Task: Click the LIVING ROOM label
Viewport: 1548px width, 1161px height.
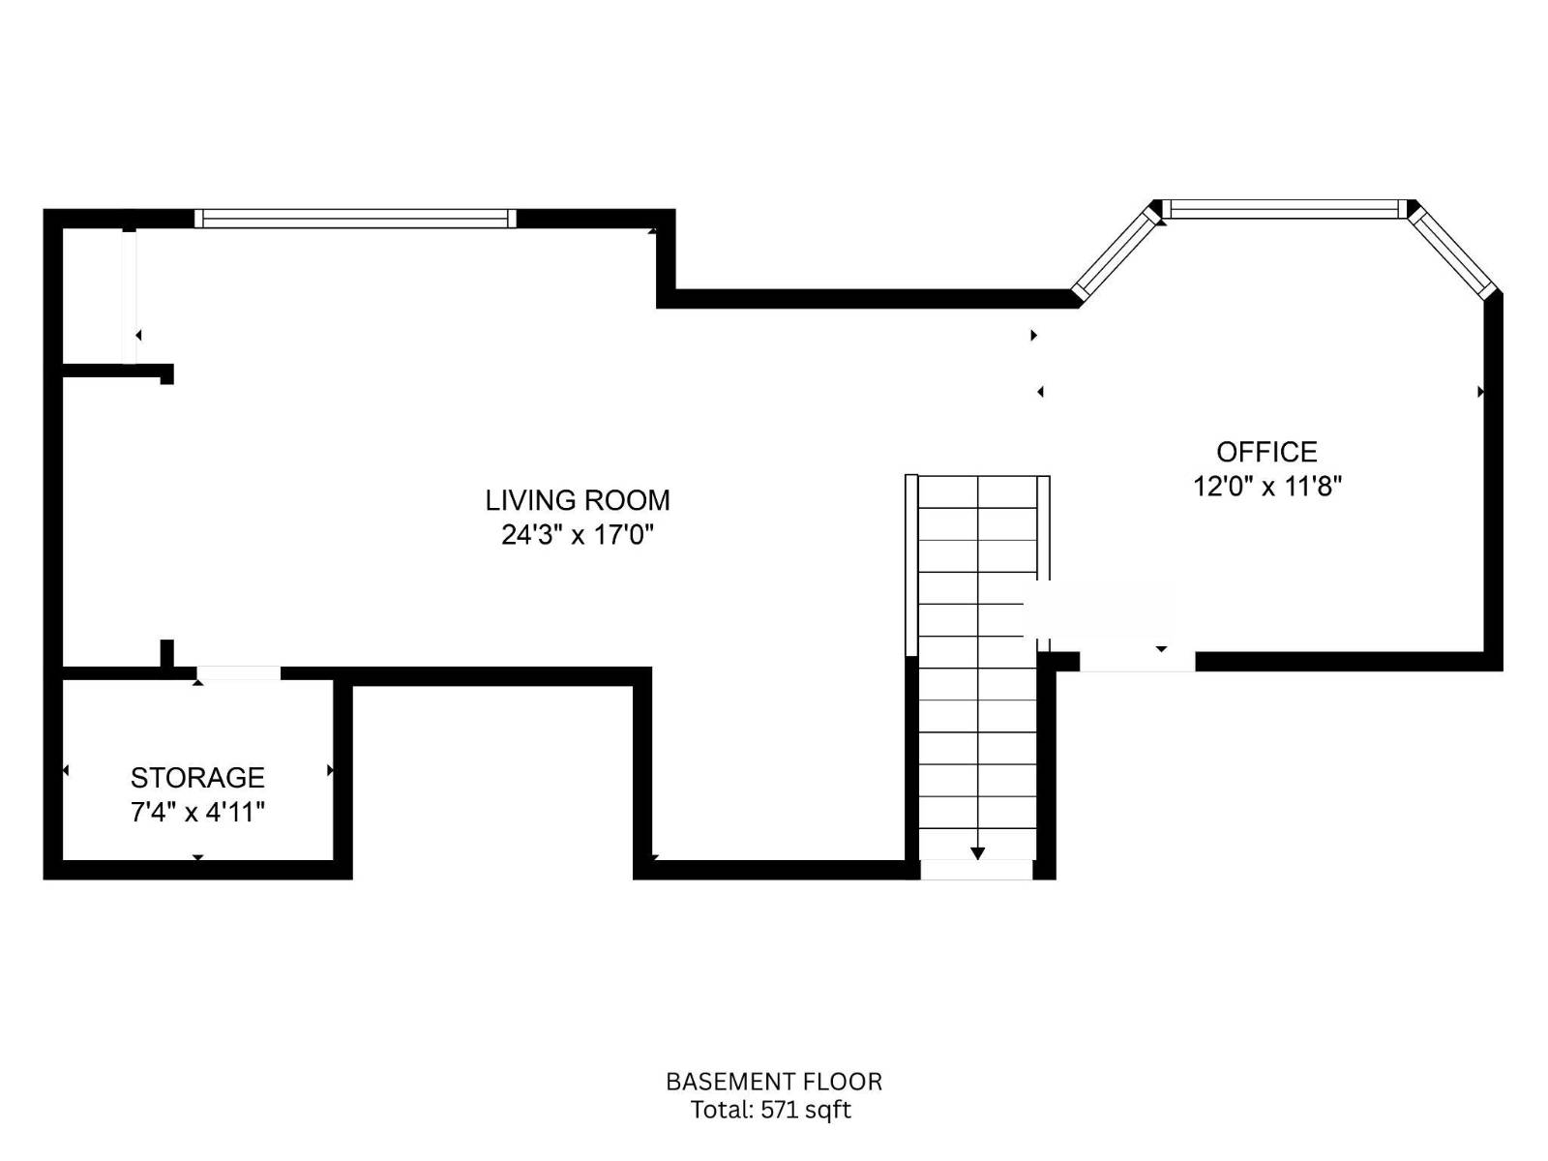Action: (x=577, y=500)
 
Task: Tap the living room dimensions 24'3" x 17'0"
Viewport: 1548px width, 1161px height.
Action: (x=577, y=535)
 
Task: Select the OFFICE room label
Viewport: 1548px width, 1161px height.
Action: (x=1266, y=451)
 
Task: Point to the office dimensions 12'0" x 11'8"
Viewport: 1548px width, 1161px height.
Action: (x=1266, y=487)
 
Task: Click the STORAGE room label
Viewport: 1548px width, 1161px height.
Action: (x=197, y=778)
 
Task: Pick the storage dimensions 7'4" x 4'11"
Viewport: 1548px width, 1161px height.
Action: (x=197, y=812)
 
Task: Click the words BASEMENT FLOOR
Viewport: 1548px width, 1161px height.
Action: (x=774, y=1082)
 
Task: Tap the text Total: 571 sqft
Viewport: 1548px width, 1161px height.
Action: (x=770, y=1110)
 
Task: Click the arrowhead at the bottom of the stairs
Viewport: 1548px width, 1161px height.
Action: (x=977, y=853)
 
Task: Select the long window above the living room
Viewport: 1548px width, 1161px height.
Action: (x=355, y=219)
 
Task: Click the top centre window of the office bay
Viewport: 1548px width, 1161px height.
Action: (x=1284, y=209)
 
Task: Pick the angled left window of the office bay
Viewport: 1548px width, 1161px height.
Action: (x=1116, y=255)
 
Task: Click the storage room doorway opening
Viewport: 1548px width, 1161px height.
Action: (x=238, y=673)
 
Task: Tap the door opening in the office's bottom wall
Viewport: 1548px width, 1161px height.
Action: (x=1138, y=661)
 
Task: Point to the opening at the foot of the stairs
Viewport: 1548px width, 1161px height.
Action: (x=977, y=870)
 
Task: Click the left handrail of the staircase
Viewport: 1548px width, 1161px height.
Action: (x=911, y=565)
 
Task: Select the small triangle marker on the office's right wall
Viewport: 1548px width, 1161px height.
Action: (x=1480, y=391)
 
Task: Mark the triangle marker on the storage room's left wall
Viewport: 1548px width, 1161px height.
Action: (x=66, y=770)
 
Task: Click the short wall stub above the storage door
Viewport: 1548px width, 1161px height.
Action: (x=166, y=653)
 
